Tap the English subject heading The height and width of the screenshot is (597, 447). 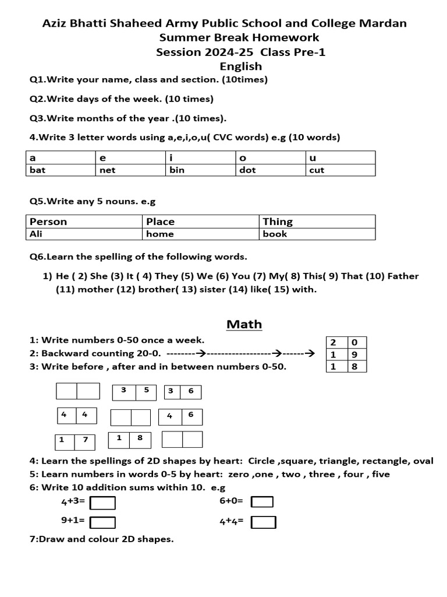click(244, 66)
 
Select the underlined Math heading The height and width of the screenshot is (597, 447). click(244, 324)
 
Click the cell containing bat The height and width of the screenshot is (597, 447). click(61, 170)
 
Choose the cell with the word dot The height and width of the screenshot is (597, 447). click(270, 170)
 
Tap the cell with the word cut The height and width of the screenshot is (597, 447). click(340, 170)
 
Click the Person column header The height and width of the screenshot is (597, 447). click(84, 222)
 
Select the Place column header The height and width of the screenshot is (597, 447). click(201, 222)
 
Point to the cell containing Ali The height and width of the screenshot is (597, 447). click(84, 234)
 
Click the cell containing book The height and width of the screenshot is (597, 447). click(317, 234)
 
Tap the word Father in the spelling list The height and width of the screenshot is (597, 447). click(403, 276)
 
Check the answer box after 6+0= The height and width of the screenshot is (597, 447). click(262, 502)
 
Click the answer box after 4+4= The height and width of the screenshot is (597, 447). click(264, 522)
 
